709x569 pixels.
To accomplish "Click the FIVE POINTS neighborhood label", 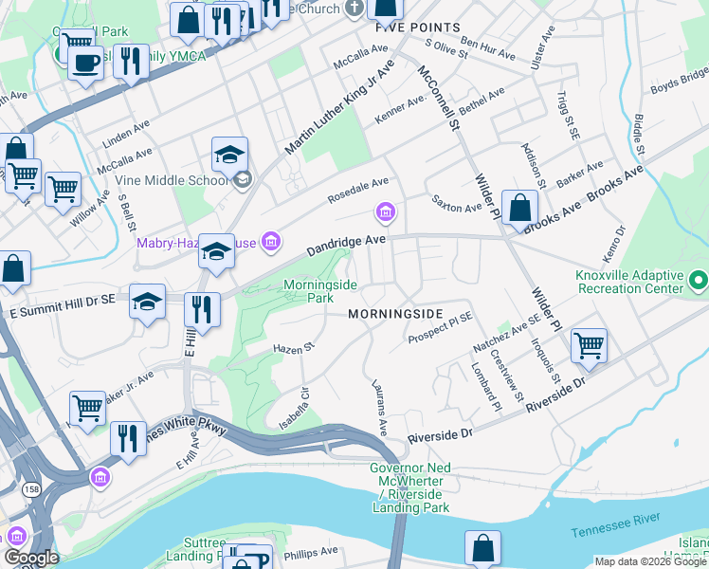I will (x=417, y=28).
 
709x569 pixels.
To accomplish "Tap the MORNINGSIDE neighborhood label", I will (x=395, y=313).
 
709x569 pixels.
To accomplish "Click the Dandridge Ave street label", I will (x=346, y=247).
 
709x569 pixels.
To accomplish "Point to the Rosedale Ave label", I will (x=358, y=190).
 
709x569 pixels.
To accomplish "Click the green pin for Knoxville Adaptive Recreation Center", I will (x=699, y=280).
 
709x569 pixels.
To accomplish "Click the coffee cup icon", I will (x=85, y=63).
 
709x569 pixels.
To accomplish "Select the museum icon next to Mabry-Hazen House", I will (x=271, y=243).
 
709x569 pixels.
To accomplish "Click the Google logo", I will (x=31, y=558).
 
